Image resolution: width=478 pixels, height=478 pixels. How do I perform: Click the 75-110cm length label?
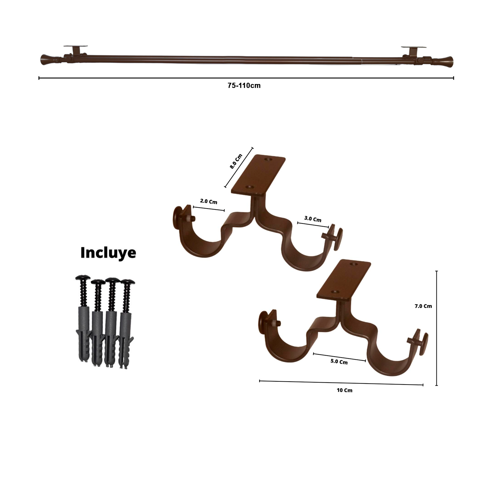[244, 85]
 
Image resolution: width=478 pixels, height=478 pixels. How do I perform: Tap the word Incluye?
[108, 253]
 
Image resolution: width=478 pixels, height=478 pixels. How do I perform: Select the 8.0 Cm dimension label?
[236, 161]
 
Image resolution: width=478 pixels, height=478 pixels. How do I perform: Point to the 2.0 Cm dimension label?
[208, 201]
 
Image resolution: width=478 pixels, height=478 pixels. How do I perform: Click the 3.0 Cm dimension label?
[313, 219]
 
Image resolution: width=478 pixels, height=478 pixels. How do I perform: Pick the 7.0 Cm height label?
[423, 306]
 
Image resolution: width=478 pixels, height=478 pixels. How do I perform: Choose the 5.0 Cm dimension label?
[339, 362]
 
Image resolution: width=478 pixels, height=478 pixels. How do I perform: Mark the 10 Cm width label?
[344, 390]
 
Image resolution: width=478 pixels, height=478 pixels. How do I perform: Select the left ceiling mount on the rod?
[75, 50]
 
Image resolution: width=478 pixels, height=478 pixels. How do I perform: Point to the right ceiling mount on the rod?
[413, 51]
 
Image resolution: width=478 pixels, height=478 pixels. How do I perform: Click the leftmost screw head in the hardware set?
[83, 279]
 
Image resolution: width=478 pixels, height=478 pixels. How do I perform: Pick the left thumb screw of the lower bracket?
[265, 322]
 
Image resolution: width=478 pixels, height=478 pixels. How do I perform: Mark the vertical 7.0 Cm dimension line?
[436, 328]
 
